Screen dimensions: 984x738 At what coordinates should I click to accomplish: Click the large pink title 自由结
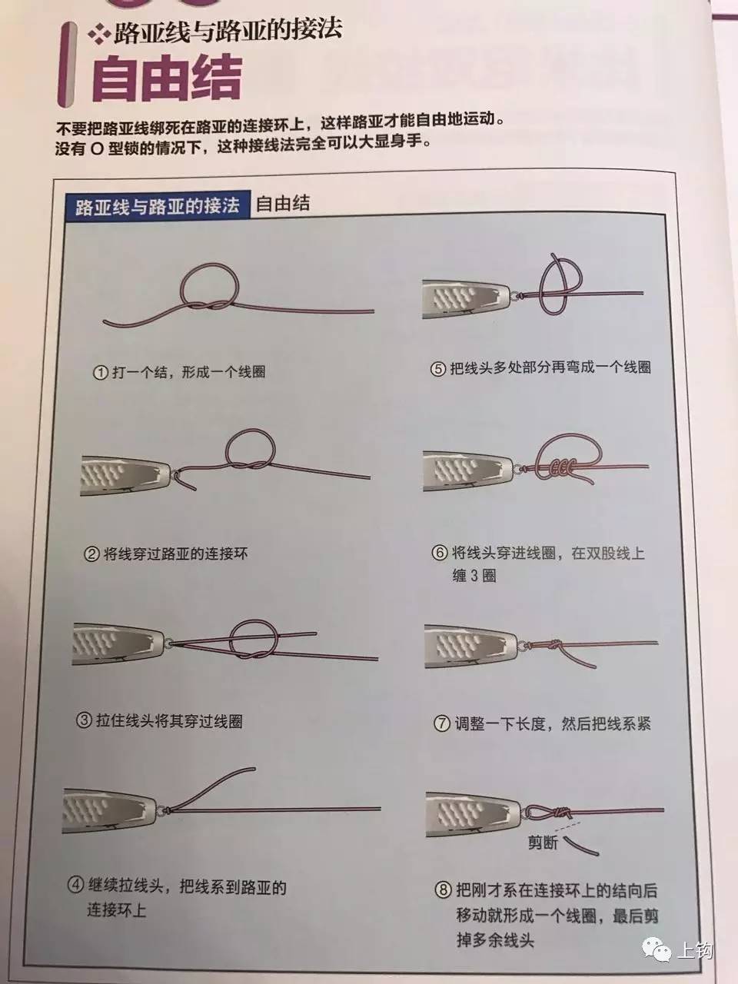click(166, 78)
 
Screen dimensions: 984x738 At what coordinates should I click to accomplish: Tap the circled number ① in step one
click(98, 372)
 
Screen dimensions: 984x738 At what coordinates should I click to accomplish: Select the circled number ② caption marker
click(91, 553)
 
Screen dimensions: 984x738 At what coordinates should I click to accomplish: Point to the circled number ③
click(85, 721)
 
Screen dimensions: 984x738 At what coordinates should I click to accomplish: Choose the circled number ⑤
click(438, 367)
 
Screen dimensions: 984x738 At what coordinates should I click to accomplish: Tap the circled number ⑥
click(440, 553)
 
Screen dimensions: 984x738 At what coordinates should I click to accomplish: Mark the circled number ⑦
click(441, 723)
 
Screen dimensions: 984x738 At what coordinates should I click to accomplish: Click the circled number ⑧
click(443, 891)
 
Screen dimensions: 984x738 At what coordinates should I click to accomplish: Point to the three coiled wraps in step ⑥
click(557, 467)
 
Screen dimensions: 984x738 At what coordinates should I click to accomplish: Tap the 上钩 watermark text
click(693, 952)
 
